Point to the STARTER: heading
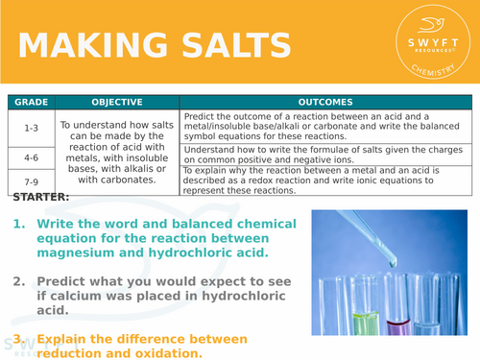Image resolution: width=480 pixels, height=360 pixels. (x=41, y=197)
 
